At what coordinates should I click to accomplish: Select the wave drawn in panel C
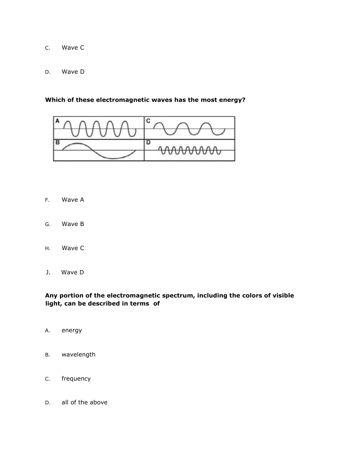pyautogui.click(x=189, y=128)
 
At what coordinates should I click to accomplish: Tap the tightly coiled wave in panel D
pyautogui.click(x=189, y=151)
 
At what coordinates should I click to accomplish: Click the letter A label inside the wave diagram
pyautogui.click(x=57, y=121)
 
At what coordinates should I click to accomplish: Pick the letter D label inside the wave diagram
pyautogui.click(x=148, y=142)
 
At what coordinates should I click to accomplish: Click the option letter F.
pyautogui.click(x=47, y=200)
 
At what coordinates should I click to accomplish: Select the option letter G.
pyautogui.click(x=47, y=225)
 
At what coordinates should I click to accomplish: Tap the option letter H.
pyautogui.click(x=47, y=248)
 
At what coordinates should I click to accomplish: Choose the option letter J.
pyautogui.click(x=48, y=272)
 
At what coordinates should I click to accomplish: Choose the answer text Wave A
pyautogui.click(x=73, y=200)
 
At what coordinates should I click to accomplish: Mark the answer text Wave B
pyautogui.click(x=73, y=224)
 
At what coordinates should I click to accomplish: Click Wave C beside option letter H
pyautogui.click(x=73, y=248)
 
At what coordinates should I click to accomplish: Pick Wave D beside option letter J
pyautogui.click(x=72, y=272)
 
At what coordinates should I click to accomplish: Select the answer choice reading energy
pyautogui.click(x=72, y=330)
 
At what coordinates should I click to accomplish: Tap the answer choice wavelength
pyautogui.click(x=78, y=354)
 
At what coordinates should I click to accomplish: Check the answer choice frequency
pyautogui.click(x=76, y=378)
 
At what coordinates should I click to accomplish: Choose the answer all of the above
pyautogui.click(x=84, y=402)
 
